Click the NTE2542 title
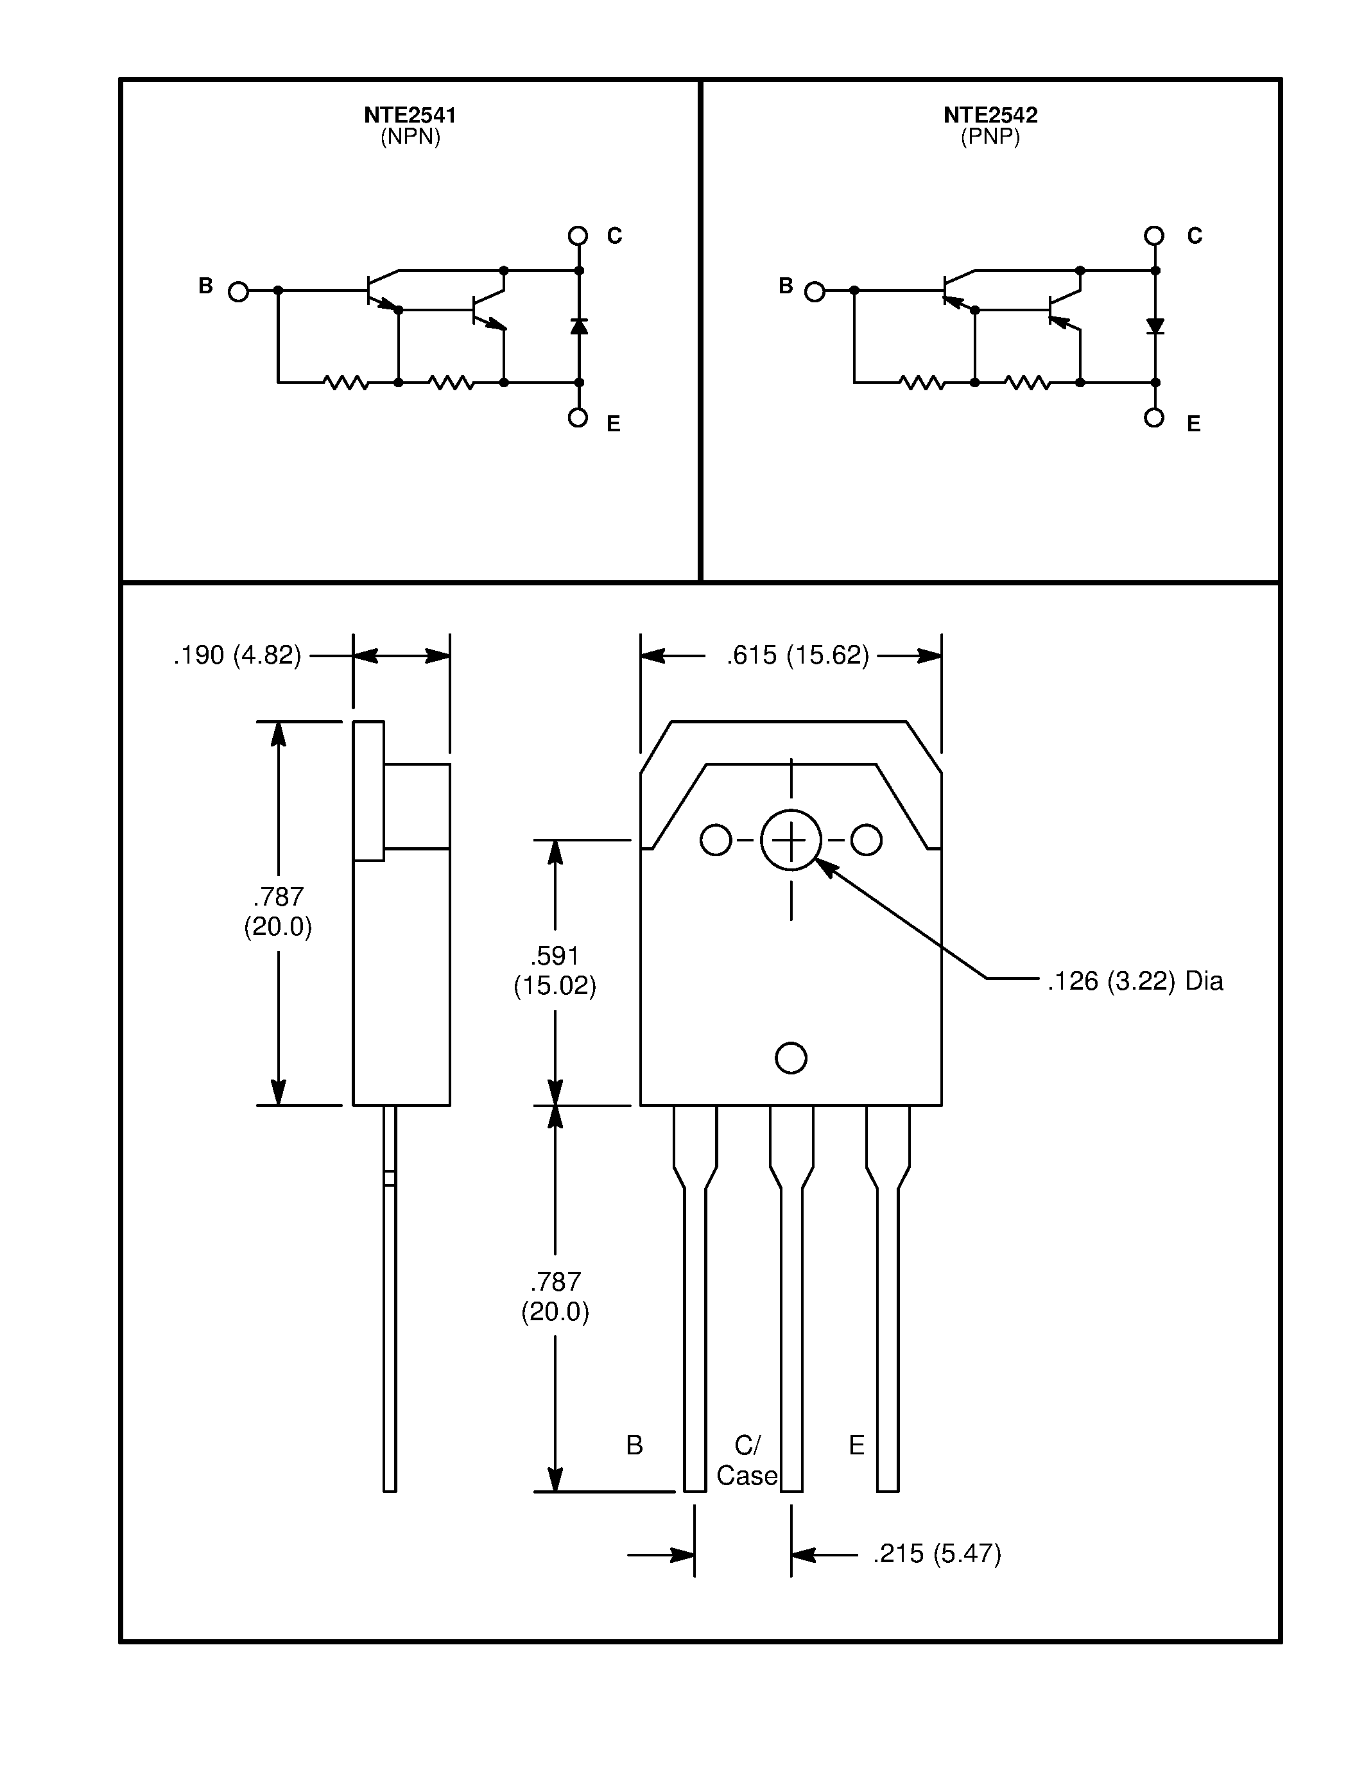(x=990, y=115)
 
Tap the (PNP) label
(x=990, y=137)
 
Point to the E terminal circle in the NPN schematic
(x=578, y=418)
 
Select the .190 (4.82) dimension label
(x=237, y=655)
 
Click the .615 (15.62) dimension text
(x=798, y=655)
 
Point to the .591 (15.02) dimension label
(x=555, y=970)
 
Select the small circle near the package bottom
(x=790, y=1058)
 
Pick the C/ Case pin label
(x=747, y=1459)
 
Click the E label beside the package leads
(x=856, y=1445)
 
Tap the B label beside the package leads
(x=634, y=1445)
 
